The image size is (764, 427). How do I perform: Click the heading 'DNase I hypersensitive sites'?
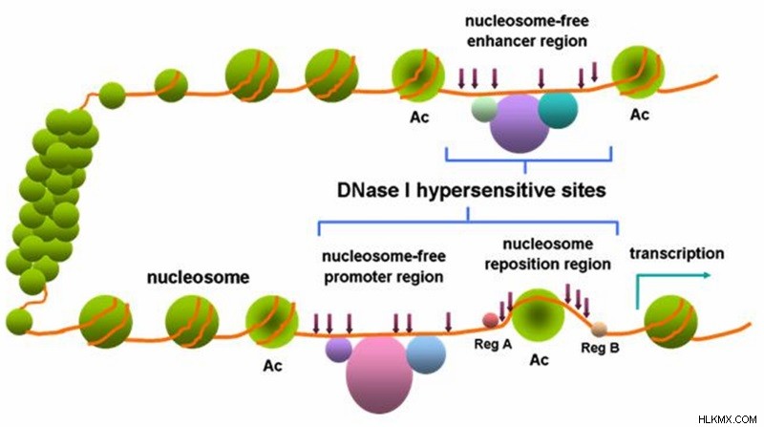pyautogui.click(x=471, y=191)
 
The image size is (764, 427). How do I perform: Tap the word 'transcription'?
pyautogui.click(x=677, y=253)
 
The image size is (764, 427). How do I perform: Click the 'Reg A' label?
pyautogui.click(x=493, y=344)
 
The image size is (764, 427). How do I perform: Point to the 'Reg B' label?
pyautogui.click(x=601, y=348)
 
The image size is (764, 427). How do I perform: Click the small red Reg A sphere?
pyautogui.click(x=491, y=320)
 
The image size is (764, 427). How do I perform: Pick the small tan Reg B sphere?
pyautogui.click(x=599, y=330)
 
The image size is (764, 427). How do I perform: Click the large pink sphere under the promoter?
pyautogui.click(x=379, y=374)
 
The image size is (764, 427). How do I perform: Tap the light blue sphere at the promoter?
pyautogui.click(x=426, y=353)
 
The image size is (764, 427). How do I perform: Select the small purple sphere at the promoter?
pyautogui.click(x=339, y=350)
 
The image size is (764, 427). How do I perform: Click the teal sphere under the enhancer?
pyautogui.click(x=558, y=110)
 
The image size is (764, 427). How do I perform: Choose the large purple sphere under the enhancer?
pyautogui.click(x=520, y=124)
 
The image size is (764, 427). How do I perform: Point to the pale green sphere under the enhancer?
pyautogui.click(x=484, y=110)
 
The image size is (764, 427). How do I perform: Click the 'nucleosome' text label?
pyautogui.click(x=198, y=277)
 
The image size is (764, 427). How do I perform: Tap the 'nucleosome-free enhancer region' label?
pyautogui.click(x=527, y=31)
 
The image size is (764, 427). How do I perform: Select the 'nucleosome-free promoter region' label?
pyautogui.click(x=384, y=267)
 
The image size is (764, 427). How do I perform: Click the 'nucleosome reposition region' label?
pyautogui.click(x=547, y=254)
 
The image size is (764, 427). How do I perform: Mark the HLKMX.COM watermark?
pyautogui.click(x=727, y=419)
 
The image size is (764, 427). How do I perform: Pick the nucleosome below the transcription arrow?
pyautogui.click(x=671, y=322)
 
